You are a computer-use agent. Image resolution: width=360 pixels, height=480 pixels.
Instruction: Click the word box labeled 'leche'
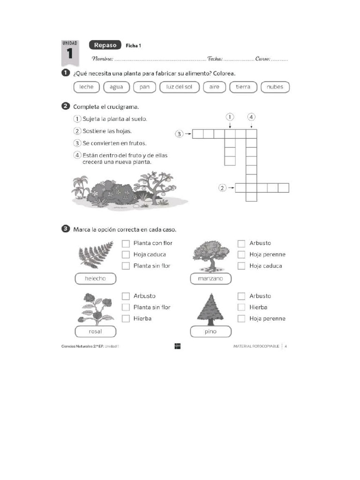pos(87,87)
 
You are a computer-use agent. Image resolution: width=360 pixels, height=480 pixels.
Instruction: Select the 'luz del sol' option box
pos(180,87)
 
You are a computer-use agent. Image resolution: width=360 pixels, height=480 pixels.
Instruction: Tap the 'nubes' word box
pos(275,87)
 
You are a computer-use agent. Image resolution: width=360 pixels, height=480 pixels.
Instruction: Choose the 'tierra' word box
pos(243,87)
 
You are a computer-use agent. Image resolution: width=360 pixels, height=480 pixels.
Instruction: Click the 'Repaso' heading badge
pos(105,45)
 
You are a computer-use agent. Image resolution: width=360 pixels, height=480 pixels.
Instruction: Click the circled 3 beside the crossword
pos(179,134)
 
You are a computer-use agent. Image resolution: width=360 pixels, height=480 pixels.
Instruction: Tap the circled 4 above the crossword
pos(251,117)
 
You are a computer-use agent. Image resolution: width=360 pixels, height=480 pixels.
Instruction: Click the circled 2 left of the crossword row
pos(223,188)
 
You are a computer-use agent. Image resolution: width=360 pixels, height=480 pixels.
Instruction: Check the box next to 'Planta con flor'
pos(126,243)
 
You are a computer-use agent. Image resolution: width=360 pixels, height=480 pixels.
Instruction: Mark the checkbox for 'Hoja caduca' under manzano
pos(241,266)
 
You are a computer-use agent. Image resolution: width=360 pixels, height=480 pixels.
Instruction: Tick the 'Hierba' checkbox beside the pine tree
pos(241,307)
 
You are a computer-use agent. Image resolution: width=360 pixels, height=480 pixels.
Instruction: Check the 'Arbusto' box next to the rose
pos(126,296)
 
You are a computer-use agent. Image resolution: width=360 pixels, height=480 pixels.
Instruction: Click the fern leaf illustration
pos(96,255)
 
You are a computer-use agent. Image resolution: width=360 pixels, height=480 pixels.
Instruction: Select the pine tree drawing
pos(210,307)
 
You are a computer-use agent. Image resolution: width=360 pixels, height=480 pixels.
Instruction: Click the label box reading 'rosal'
pos(96,331)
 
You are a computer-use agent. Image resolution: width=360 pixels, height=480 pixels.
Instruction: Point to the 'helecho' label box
pos(96,279)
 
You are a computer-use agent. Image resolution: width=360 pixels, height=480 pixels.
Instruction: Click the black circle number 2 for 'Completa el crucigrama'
pos(66,106)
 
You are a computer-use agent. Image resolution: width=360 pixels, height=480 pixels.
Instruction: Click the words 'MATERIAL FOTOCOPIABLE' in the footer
pos(256,346)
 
